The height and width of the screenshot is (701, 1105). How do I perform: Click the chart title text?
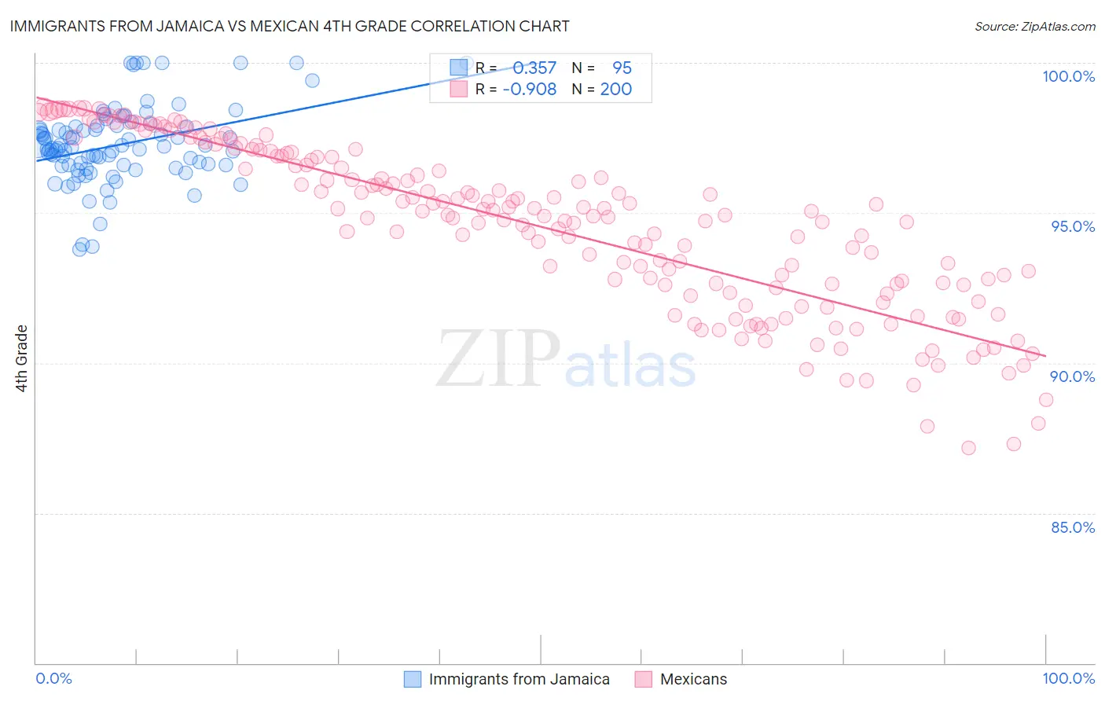289,26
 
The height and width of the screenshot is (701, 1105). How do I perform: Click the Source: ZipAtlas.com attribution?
1034,26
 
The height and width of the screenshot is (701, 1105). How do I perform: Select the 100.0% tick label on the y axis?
1068,76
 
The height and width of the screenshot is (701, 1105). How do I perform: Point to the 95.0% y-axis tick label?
1073,226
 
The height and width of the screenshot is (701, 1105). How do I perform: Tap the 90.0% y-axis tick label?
1073,376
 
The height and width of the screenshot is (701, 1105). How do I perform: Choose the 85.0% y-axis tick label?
1073,527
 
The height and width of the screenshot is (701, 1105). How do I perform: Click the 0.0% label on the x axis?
53,678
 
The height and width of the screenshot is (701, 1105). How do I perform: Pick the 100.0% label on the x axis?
1068,678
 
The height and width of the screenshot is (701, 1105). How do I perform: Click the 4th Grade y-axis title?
22,358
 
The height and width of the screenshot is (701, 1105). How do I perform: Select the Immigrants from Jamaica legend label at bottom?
519,679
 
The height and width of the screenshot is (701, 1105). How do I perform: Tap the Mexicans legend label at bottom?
693,679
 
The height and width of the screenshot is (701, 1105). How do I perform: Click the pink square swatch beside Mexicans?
644,679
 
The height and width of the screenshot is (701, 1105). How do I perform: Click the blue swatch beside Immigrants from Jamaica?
413,679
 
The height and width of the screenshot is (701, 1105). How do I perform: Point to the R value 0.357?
534,68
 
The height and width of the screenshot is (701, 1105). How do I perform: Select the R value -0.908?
530,90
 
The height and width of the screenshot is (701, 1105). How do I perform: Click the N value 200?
616,90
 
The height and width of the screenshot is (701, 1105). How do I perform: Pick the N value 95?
622,68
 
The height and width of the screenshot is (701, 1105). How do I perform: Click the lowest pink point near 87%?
968,448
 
